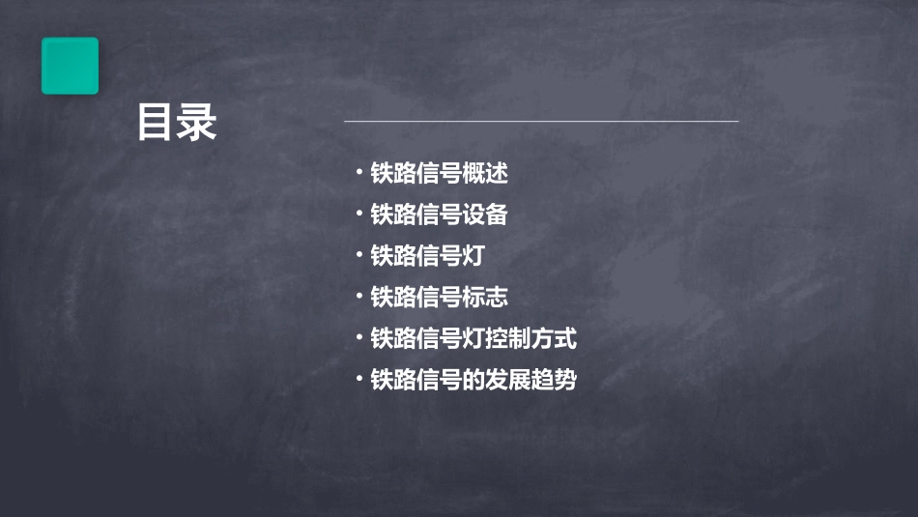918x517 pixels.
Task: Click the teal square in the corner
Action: [70, 66]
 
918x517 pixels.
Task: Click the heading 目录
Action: [177, 124]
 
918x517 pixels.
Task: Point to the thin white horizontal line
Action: [541, 122]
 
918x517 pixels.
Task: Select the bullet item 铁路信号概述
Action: [439, 174]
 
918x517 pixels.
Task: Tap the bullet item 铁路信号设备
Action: [439, 215]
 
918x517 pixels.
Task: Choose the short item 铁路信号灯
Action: [427, 256]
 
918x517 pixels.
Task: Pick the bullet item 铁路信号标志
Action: [439, 298]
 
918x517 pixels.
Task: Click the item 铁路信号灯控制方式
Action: [473, 339]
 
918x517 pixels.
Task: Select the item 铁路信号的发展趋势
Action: [473, 380]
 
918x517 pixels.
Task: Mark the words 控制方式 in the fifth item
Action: [531, 339]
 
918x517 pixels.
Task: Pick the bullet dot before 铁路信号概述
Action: [359, 174]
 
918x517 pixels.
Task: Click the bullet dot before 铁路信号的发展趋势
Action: [359, 380]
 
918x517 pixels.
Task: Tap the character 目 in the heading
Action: [156, 124]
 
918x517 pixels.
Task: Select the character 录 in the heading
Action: [198, 124]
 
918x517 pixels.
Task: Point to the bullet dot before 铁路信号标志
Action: [359, 298]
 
